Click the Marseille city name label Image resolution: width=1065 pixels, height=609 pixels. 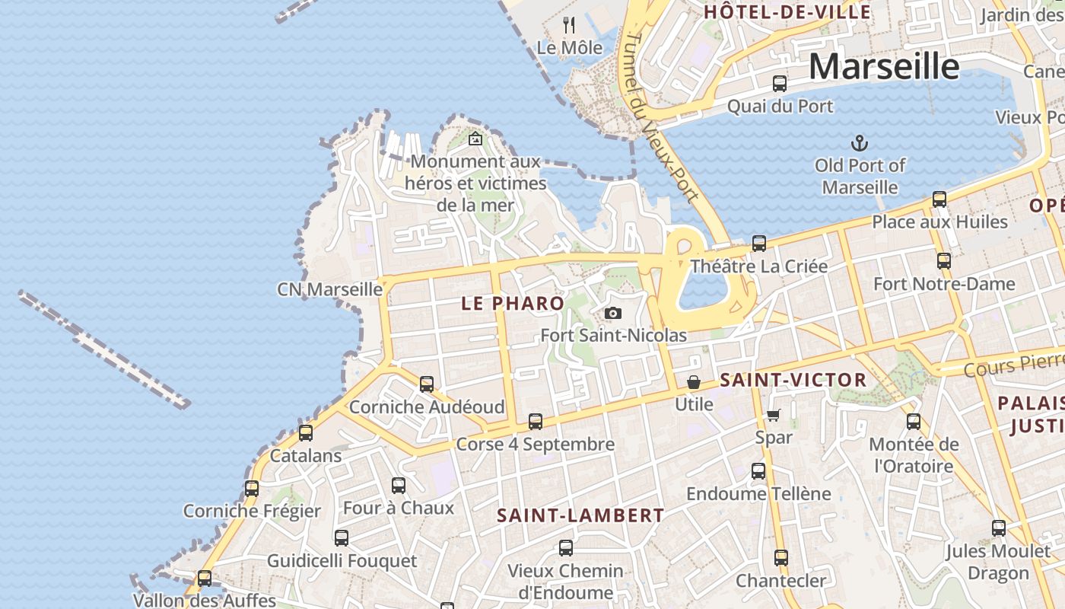coord(883,66)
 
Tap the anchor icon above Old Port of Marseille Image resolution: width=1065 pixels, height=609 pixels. coord(859,142)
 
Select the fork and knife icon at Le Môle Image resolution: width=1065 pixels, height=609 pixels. coord(569,25)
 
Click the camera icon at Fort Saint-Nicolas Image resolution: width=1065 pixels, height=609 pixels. coord(612,313)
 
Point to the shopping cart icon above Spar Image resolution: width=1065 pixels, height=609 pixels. coord(773,415)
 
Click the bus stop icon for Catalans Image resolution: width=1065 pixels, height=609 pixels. coord(305,433)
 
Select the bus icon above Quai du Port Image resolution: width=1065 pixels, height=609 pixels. coord(780,84)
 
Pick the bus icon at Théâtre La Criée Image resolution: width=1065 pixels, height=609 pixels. coord(758,244)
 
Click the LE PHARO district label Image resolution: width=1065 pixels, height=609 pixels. coord(513,303)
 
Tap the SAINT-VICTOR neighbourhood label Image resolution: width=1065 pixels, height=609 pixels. coord(793,380)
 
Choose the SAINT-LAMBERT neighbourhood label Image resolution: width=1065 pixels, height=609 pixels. coord(580,515)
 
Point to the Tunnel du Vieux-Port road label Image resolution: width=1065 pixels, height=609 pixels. coord(660,118)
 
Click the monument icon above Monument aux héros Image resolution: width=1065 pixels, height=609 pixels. coord(475,139)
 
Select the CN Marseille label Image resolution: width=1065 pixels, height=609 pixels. coord(329,289)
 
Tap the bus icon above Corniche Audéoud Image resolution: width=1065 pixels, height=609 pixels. coord(427,384)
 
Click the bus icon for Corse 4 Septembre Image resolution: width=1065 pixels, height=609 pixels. coord(536,422)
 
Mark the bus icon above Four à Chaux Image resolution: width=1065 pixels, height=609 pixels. coord(398,486)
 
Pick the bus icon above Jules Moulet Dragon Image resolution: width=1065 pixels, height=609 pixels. coord(998,528)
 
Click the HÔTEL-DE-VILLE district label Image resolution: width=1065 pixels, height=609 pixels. coord(787,12)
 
